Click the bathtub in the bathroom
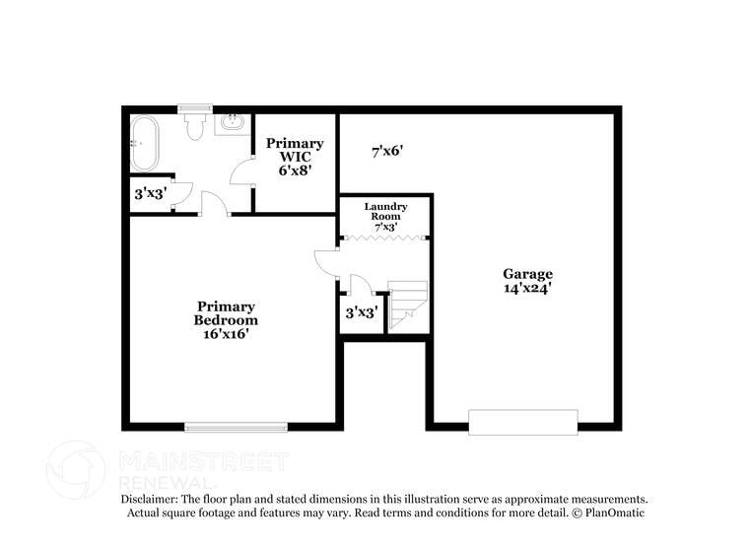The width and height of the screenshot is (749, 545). click(146, 144)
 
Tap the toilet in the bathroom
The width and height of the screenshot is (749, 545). click(195, 125)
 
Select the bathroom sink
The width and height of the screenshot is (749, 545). click(233, 123)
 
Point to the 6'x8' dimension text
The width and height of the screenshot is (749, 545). click(294, 170)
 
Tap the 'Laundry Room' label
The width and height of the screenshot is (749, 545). click(385, 211)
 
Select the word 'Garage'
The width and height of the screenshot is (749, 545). click(527, 274)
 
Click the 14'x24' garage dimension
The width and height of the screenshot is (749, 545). click(527, 289)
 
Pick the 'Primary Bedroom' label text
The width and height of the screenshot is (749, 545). click(226, 313)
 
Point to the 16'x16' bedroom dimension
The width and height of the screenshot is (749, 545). click(226, 334)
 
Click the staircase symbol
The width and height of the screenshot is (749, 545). click(408, 305)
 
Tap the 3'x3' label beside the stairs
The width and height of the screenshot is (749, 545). click(362, 313)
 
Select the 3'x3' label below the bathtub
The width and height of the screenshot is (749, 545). click(150, 194)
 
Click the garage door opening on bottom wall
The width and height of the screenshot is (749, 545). click(522, 423)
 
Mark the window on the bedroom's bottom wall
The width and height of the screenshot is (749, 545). click(236, 427)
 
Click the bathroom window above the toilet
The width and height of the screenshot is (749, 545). click(195, 108)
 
